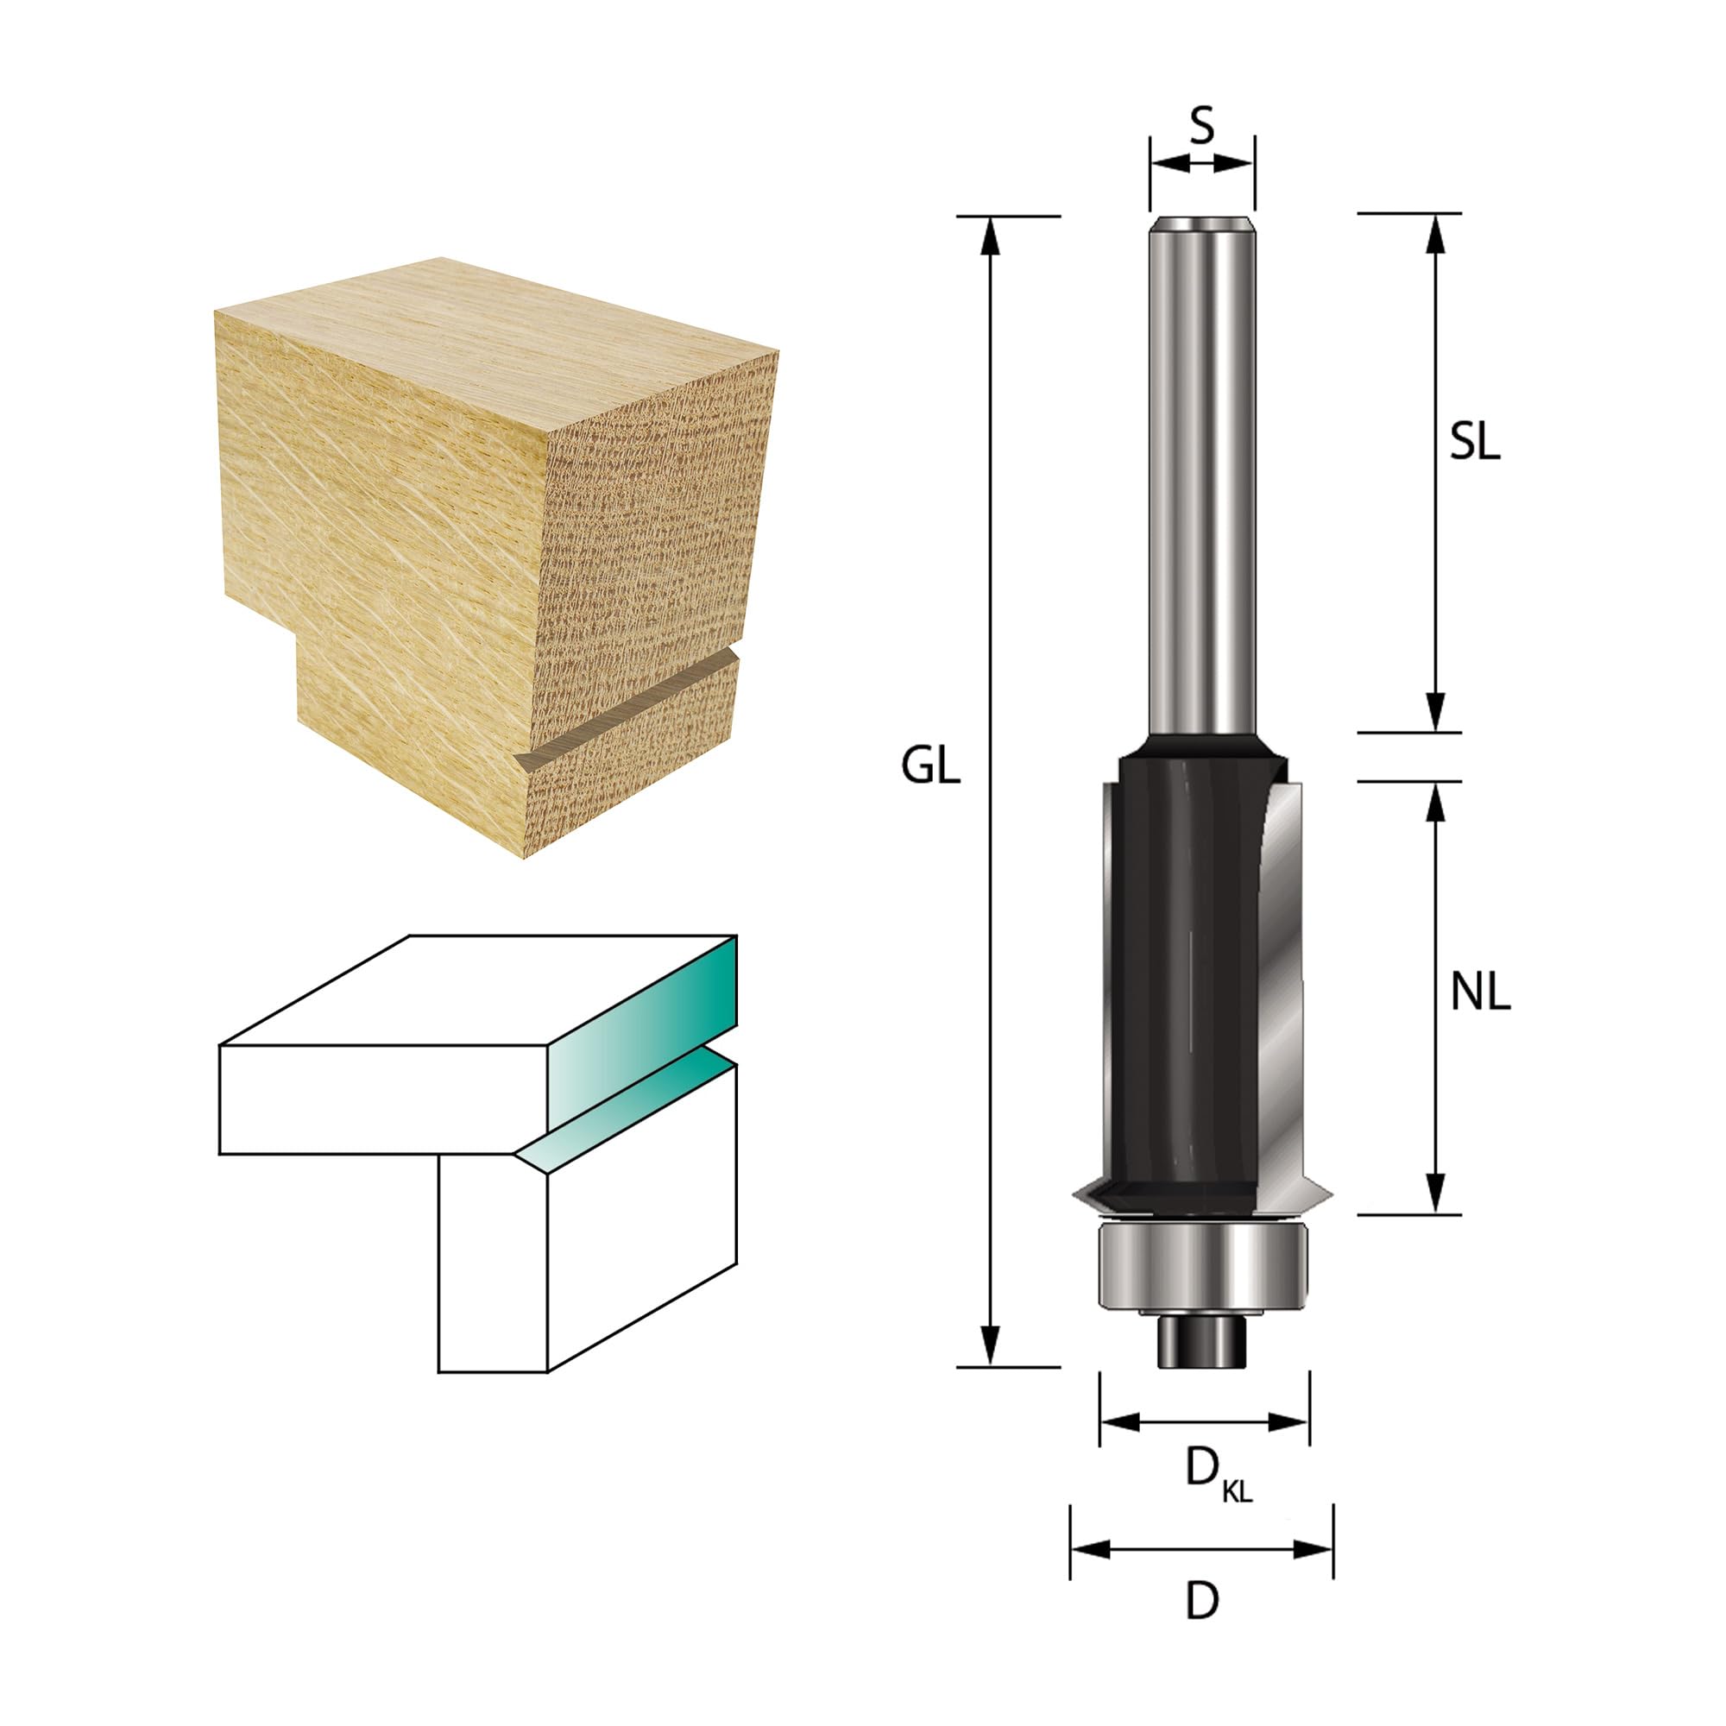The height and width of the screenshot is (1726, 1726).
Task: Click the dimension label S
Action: (x=1202, y=128)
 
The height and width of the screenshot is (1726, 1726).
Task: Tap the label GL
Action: (x=931, y=767)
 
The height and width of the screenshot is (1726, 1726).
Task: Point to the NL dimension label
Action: (x=1480, y=993)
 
